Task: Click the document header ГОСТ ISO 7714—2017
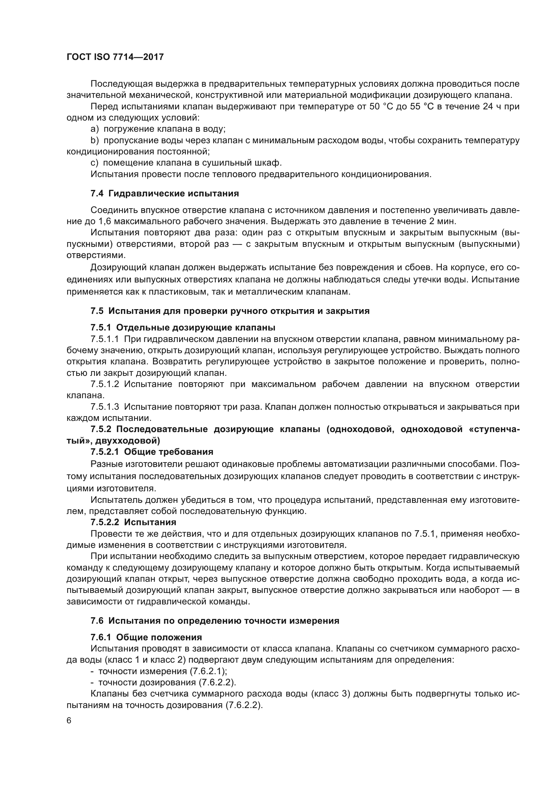coord(115,57)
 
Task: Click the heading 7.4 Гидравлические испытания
coord(165,194)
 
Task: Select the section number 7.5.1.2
coord(105,384)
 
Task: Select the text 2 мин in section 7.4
coord(443,221)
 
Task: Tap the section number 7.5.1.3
coord(105,407)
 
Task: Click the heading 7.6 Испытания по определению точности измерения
coord(215,621)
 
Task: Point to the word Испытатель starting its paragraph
coord(115,500)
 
